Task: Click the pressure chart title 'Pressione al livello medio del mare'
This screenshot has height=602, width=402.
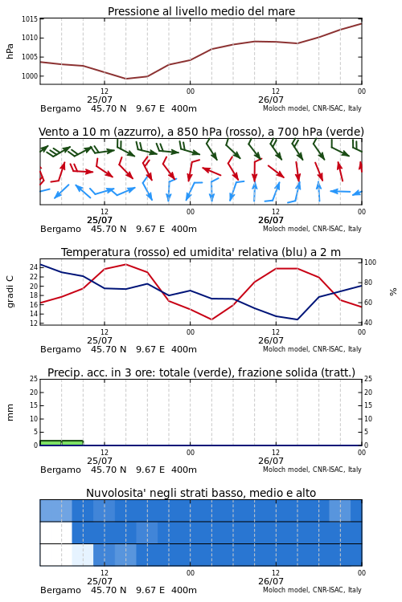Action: (201, 11)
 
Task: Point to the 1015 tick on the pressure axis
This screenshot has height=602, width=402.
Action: (30, 18)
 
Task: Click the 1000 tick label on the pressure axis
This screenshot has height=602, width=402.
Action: (30, 76)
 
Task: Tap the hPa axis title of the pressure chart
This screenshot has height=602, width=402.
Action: (10, 51)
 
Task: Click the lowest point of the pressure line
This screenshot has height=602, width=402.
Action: (125, 79)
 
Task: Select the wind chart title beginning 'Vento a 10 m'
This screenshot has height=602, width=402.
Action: (201, 132)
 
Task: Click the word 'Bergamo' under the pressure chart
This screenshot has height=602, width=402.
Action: (60, 108)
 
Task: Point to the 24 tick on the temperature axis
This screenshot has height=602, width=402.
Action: (34, 267)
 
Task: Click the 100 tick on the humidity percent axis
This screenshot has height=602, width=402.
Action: (370, 262)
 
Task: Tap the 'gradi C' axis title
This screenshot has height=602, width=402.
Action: (10, 291)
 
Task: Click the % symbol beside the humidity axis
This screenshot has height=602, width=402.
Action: (393, 292)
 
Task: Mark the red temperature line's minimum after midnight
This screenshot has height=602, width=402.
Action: (211, 319)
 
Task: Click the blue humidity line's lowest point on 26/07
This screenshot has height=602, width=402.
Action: (297, 319)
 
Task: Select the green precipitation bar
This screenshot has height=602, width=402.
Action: (62, 442)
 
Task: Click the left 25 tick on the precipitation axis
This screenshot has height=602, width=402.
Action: (34, 379)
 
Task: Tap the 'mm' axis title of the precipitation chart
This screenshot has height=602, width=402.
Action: (10, 413)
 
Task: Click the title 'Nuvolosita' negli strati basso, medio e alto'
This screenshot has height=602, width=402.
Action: (201, 493)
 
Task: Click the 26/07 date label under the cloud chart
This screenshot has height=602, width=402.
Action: (270, 581)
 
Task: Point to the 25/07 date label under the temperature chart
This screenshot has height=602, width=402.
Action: (99, 340)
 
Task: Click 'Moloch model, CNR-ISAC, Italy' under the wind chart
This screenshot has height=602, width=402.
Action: (312, 229)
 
